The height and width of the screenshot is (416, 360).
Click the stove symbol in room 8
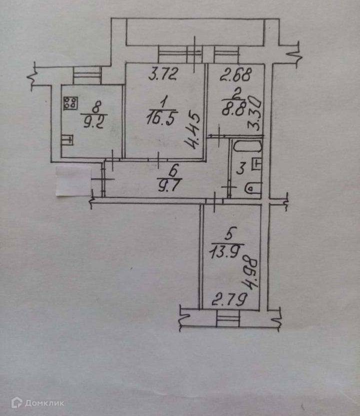tap(71, 103)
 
